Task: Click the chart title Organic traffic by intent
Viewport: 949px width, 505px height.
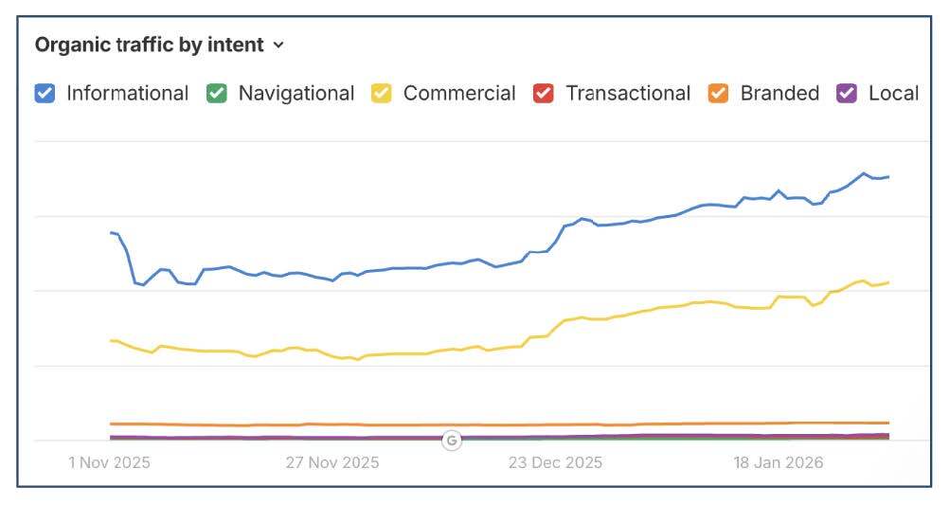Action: (x=149, y=45)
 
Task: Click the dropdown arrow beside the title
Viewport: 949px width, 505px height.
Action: (x=278, y=45)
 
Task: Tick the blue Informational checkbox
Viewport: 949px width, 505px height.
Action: (x=45, y=93)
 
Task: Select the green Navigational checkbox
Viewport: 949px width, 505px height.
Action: (x=217, y=93)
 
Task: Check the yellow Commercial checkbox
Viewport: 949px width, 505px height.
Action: (x=382, y=93)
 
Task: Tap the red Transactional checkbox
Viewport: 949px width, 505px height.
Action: (x=543, y=93)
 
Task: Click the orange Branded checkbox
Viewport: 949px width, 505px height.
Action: (x=718, y=93)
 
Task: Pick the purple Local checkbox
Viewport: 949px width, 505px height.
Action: (x=847, y=93)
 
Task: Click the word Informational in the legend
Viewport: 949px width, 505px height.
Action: (x=127, y=93)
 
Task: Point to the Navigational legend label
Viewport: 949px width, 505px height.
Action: (x=295, y=93)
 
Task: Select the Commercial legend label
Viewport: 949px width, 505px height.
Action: (x=459, y=93)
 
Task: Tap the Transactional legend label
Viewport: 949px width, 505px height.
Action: (x=628, y=93)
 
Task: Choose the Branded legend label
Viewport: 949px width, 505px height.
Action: (x=779, y=93)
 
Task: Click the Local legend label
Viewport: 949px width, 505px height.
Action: (x=893, y=93)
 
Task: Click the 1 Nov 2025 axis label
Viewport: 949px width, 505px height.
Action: (x=109, y=463)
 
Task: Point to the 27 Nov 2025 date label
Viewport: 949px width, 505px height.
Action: (x=331, y=463)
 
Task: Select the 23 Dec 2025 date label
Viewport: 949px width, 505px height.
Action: (x=555, y=463)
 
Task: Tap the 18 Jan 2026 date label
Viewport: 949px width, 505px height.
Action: (x=779, y=463)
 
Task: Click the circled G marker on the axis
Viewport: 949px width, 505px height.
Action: (x=452, y=440)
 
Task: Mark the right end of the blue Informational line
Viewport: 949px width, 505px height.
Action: (x=888, y=177)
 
